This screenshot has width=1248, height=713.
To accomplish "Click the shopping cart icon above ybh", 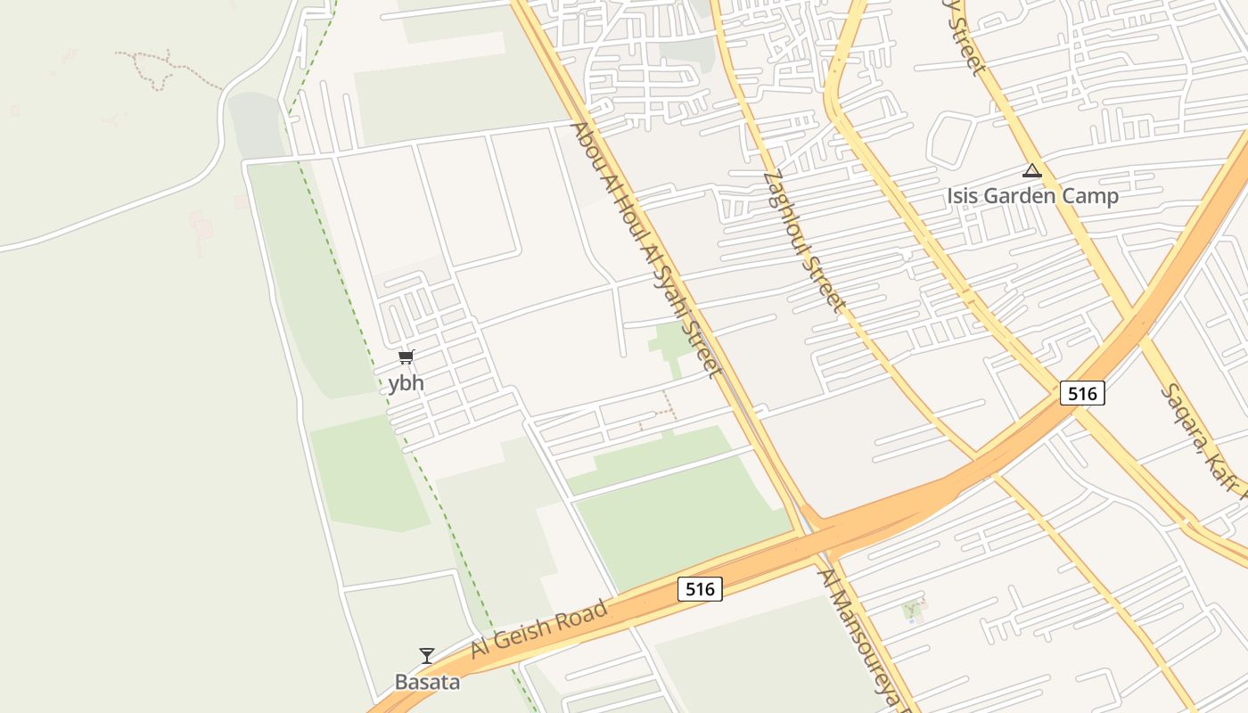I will point(406,357).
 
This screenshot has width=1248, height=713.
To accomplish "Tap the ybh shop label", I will point(406,384).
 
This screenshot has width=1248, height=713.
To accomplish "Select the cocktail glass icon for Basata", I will point(427,656).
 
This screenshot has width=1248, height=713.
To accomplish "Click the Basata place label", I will point(428,683).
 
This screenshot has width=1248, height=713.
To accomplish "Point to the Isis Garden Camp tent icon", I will point(1032,170).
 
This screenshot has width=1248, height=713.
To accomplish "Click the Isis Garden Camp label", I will point(1032,196).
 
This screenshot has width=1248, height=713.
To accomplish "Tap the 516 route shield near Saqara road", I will point(1082,392).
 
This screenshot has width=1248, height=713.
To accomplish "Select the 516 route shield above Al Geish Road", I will point(700,589).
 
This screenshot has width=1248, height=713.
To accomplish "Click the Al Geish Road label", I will point(540,629).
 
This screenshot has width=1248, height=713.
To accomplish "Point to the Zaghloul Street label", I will point(804,241).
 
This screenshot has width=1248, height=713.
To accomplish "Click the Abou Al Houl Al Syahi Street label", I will point(645,250).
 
